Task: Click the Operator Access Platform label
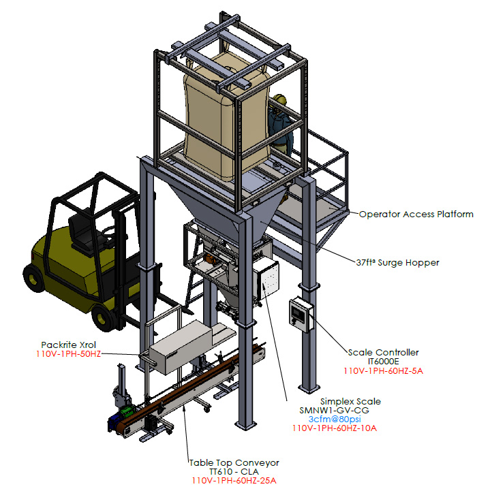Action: click(416, 215)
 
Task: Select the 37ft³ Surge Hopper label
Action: click(397, 262)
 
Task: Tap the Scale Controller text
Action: click(384, 353)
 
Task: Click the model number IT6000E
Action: click(384, 362)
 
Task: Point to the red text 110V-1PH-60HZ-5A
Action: click(384, 371)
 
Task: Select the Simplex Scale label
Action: click(350, 401)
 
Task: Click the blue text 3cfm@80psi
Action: click(335, 419)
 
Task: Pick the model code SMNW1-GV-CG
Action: click(335, 410)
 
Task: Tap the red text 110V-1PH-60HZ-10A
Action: click(335, 428)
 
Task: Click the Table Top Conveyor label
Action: click(234, 463)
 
